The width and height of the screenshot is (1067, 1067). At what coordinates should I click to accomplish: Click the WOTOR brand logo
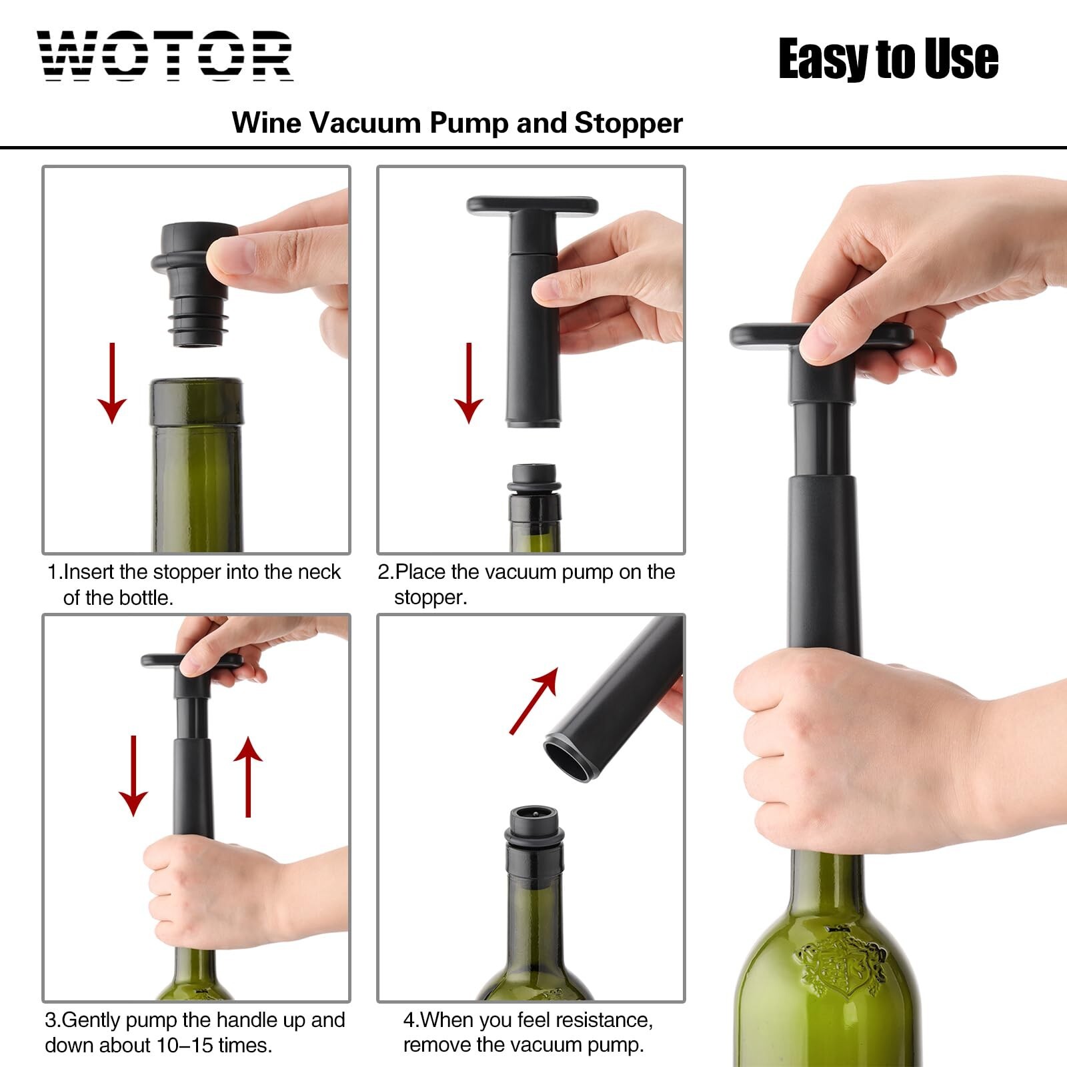tap(165, 56)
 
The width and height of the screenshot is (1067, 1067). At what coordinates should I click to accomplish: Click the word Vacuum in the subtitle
tap(365, 123)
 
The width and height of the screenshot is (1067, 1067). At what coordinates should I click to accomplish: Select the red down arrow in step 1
tap(112, 383)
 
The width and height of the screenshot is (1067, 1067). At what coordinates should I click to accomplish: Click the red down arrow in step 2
tap(469, 383)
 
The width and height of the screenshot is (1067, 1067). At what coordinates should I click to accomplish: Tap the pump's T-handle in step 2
tap(532, 205)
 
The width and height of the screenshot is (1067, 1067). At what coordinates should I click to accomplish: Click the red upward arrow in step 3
tap(248, 776)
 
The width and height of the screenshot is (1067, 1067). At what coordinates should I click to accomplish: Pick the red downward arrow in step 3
tap(133, 776)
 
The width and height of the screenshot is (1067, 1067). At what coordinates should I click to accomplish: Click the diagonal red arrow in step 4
tap(533, 700)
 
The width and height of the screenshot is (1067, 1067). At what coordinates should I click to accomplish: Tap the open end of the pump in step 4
tap(567, 758)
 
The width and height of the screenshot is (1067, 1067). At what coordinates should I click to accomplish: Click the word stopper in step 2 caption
tap(430, 598)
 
